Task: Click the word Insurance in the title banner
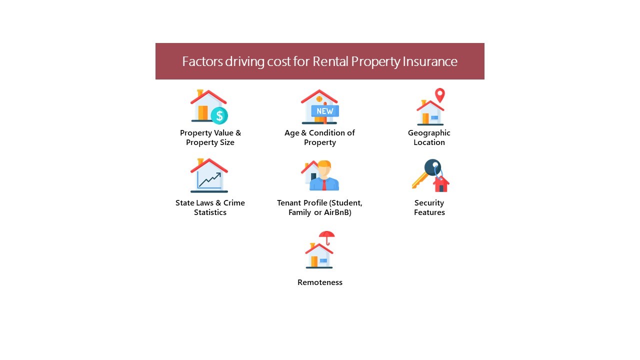tap(430, 61)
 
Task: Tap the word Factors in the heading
tap(202, 61)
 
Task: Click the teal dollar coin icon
tap(219, 115)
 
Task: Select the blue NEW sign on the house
tap(325, 111)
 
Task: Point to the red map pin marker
tap(440, 95)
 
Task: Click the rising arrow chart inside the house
tap(209, 180)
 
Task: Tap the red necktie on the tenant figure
tap(324, 185)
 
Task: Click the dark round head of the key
tap(432, 167)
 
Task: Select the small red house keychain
tap(441, 184)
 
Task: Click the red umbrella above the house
tap(327, 237)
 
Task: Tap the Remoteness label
tap(320, 282)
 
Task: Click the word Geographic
tap(429, 133)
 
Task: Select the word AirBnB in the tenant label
tap(337, 212)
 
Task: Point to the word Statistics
tap(210, 212)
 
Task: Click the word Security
tap(429, 203)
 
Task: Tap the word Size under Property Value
tap(227, 142)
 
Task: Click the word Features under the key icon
tap(429, 212)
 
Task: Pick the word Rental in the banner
tap(330, 61)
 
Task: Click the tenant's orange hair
tap(324, 164)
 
